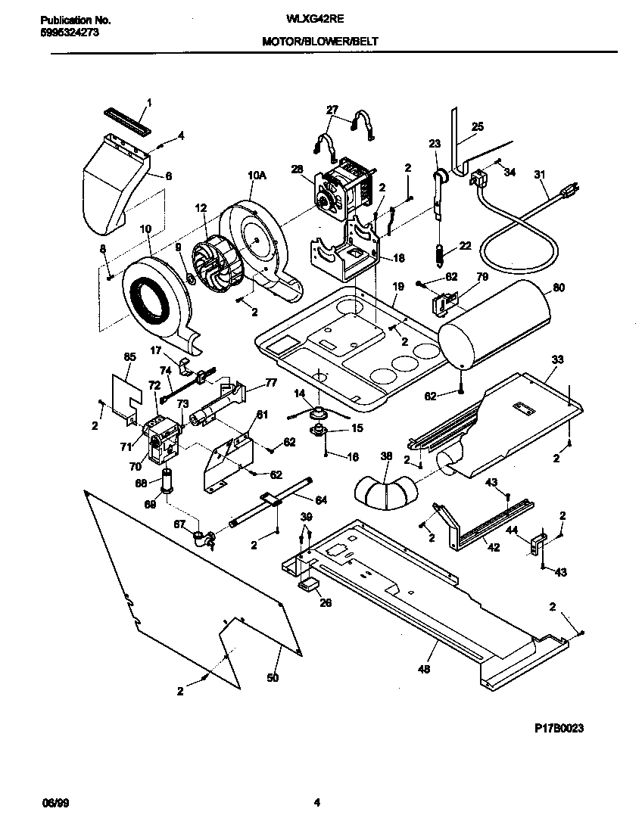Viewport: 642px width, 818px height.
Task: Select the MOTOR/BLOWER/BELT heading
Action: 319,43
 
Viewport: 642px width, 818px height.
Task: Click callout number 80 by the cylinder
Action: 559,288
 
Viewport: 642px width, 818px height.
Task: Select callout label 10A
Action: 257,175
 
